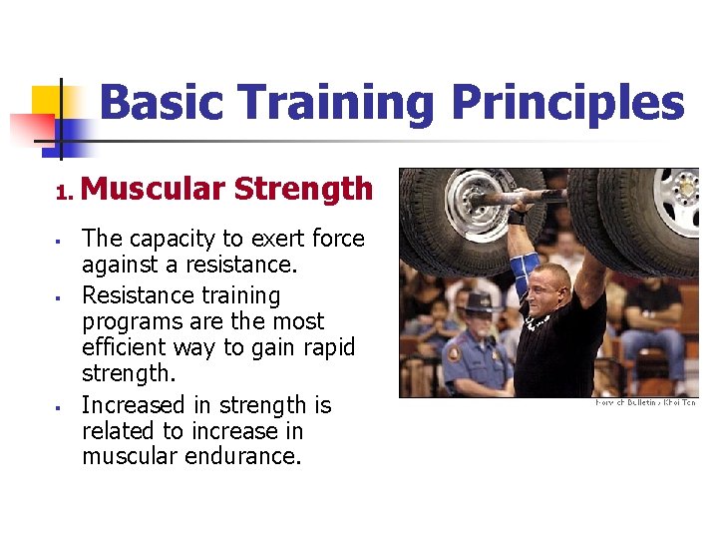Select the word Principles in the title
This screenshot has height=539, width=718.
click(x=568, y=104)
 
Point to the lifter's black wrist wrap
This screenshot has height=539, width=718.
click(x=517, y=215)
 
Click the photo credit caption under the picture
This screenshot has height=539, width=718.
click(x=645, y=403)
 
